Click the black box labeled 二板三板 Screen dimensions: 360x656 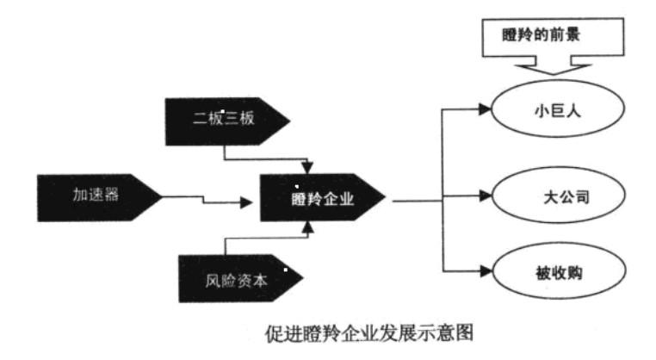click(225, 119)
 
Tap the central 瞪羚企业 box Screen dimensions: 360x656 click(323, 200)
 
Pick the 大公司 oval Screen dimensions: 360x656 click(555, 197)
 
